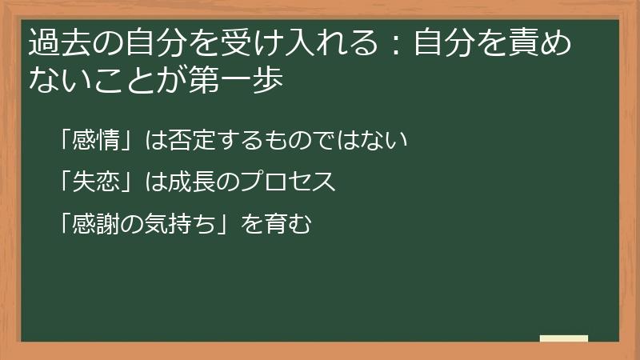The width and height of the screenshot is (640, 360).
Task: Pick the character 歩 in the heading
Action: pyautogui.click(x=269, y=79)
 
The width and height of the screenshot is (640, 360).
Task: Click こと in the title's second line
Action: pyautogui.click(x=122, y=79)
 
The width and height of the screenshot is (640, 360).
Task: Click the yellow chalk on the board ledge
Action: pyautogui.click(x=564, y=338)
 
